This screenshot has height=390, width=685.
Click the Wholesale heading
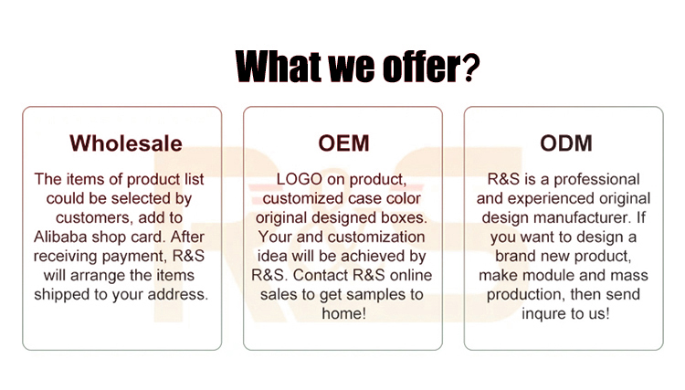point(126,143)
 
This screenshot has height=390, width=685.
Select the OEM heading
point(343,143)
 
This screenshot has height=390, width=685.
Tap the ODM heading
point(566,143)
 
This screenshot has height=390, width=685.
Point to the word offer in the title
point(422,67)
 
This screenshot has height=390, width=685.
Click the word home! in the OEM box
point(343,313)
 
